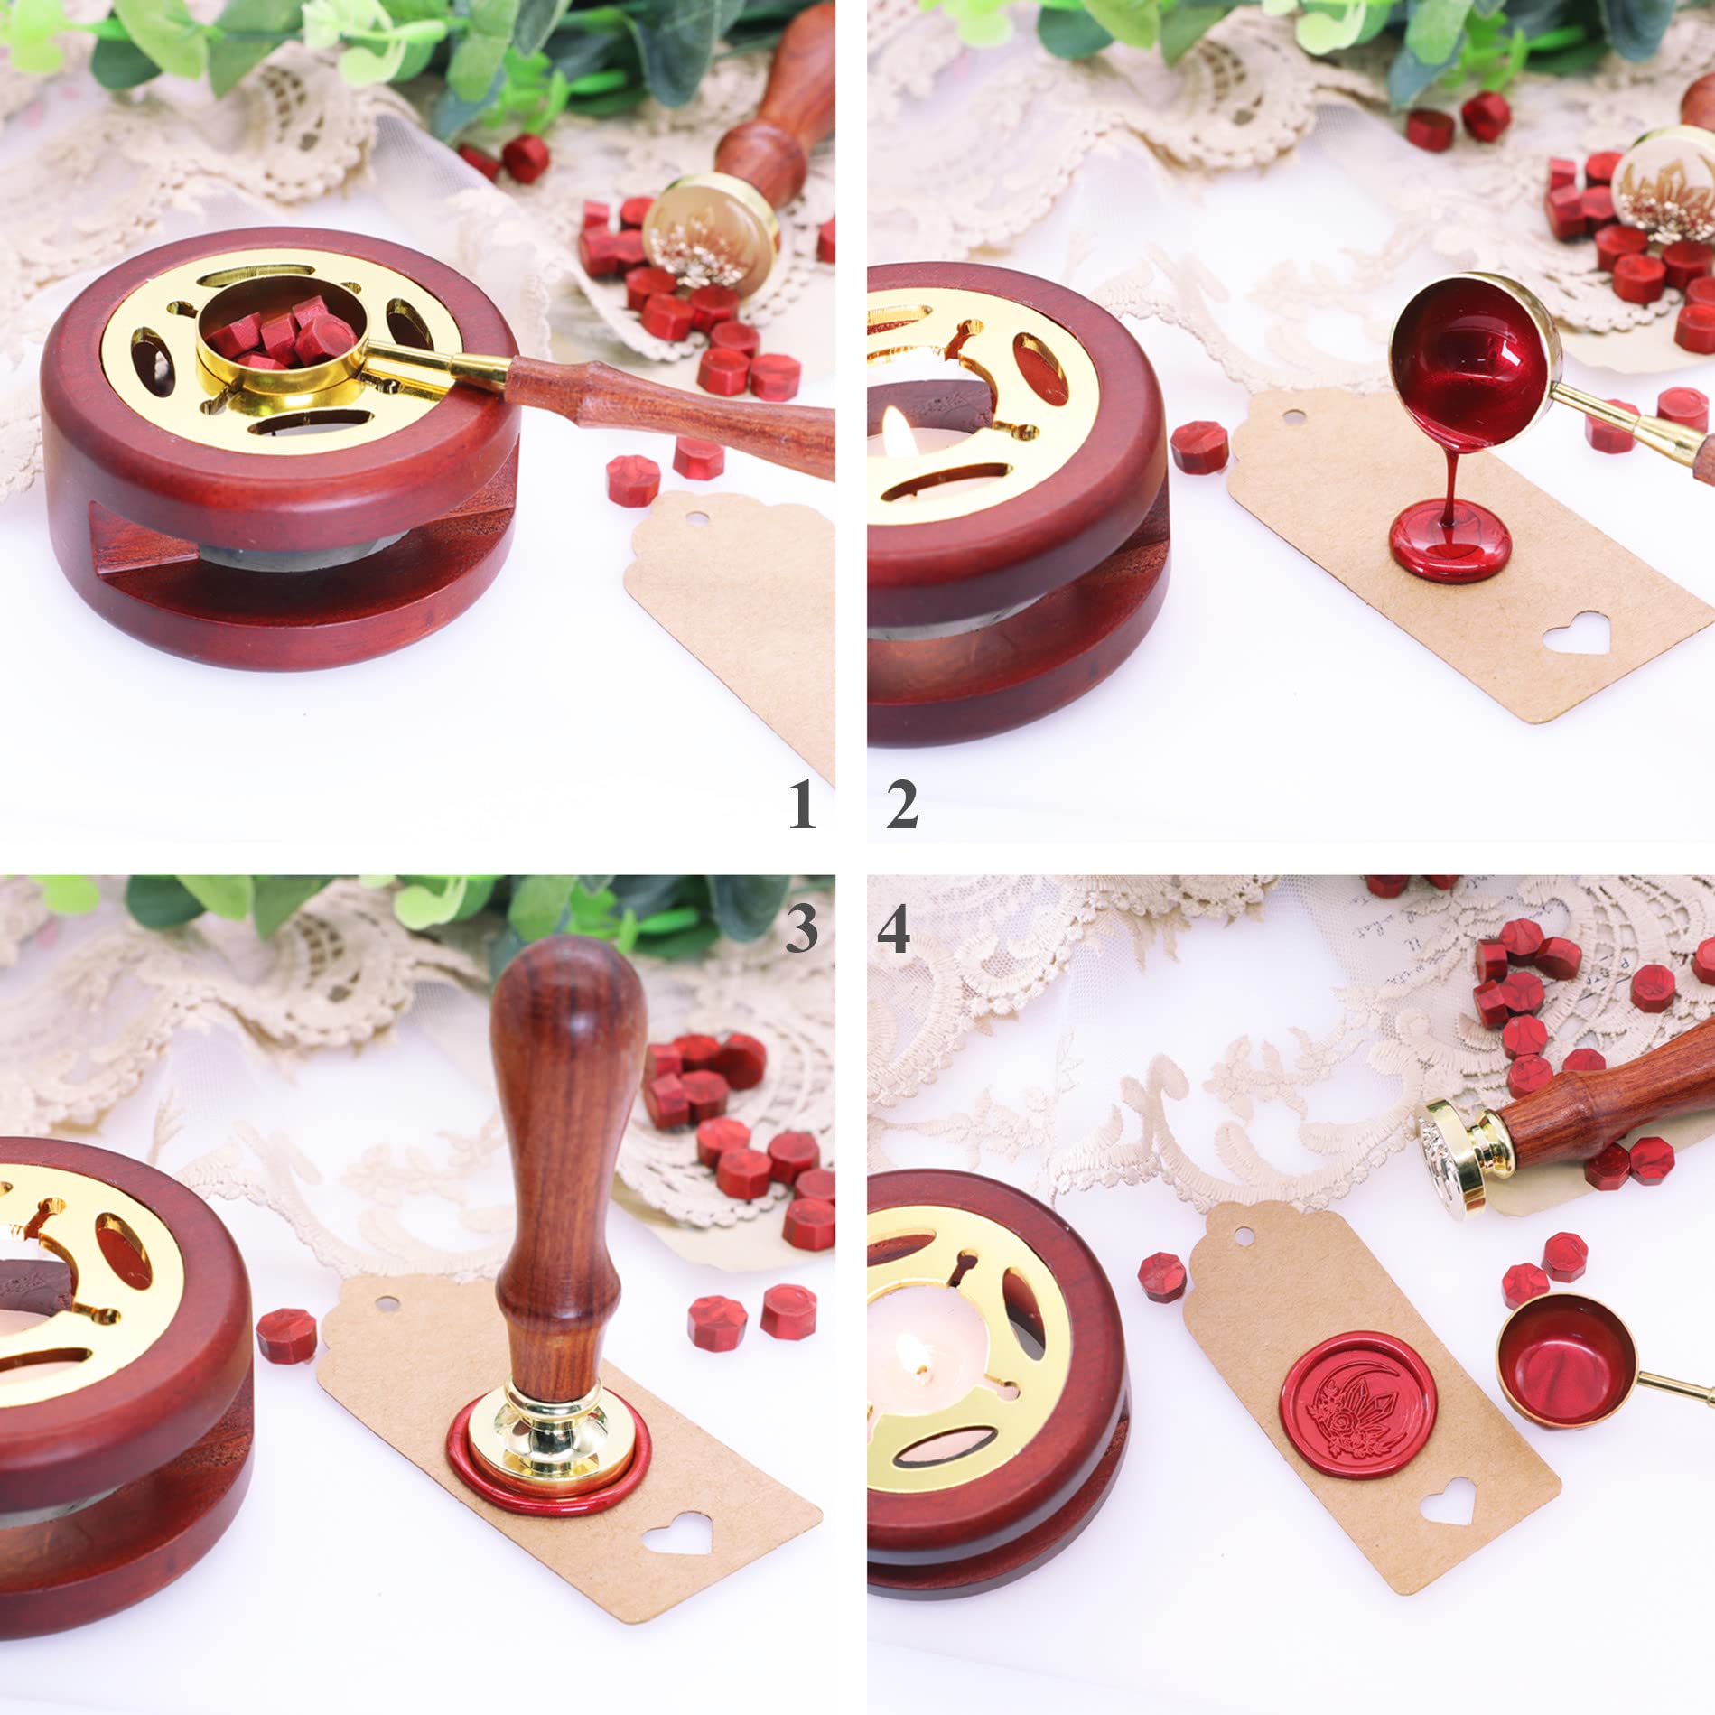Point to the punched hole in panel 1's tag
[694, 517]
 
